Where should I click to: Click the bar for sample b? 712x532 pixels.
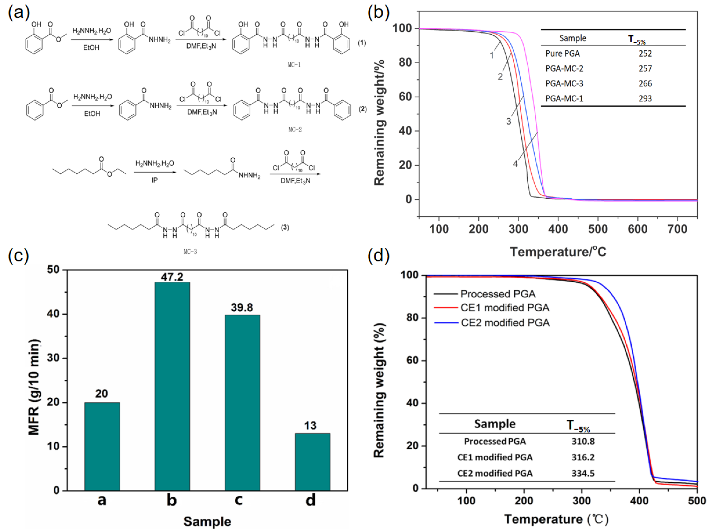coord(172,386)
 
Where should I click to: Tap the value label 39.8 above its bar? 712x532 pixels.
coord(242,308)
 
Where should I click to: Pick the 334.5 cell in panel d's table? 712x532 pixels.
coord(583,473)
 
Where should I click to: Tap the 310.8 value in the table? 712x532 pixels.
coord(583,441)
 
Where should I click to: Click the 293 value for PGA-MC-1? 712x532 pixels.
coord(645,98)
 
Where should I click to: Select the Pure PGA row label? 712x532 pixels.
coord(562,53)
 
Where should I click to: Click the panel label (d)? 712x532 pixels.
coord(378,256)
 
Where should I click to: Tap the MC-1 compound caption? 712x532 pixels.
coord(294,65)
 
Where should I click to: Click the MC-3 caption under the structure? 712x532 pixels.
coord(190,252)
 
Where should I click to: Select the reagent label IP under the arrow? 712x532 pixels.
coord(154,180)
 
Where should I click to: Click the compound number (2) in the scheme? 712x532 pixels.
coord(363,109)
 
